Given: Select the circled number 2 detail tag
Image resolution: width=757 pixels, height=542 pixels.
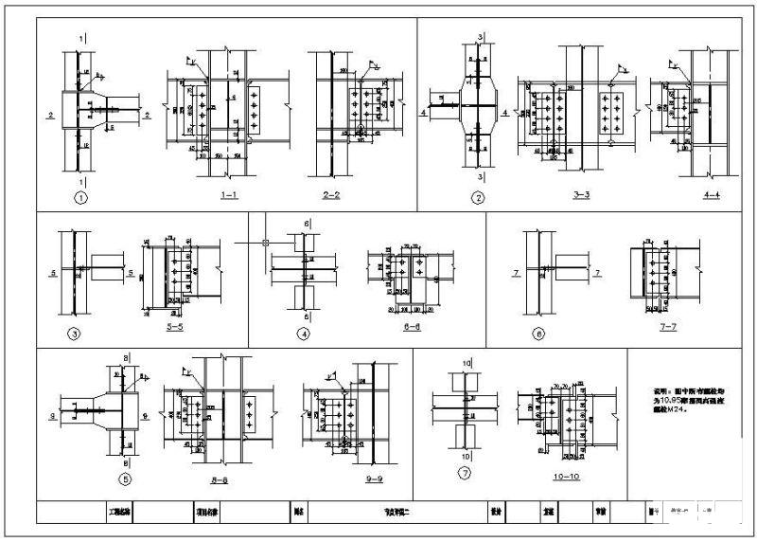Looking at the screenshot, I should pyautogui.click(x=478, y=199).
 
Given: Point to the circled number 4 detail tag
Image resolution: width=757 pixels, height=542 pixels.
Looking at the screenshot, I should pyautogui.click(x=304, y=333).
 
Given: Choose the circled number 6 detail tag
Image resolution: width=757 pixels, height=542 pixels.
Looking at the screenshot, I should pyautogui.click(x=538, y=333).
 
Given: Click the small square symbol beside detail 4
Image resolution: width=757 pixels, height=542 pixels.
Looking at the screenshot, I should pyautogui.click(x=267, y=243).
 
